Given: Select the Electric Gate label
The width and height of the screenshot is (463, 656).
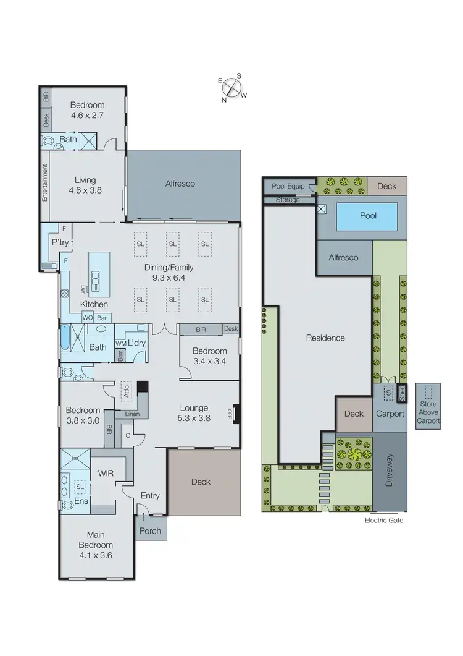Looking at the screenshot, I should coord(384,520).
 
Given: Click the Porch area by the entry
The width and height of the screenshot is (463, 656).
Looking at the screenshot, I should coord(151,530).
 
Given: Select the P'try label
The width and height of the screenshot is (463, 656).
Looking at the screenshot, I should coord(60,242).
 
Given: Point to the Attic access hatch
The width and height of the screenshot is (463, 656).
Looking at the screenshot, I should coord(127,391).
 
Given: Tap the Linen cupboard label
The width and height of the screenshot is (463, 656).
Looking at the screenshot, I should coord(132,414).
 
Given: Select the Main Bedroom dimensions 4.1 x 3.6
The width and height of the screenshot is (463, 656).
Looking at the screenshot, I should coord(96,555).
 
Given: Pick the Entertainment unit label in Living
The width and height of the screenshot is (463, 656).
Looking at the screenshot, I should coord(44,182).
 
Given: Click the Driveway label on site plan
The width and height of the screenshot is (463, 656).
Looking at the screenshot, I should coord(390,472).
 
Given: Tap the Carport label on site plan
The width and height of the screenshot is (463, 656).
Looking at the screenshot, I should coord(390,414).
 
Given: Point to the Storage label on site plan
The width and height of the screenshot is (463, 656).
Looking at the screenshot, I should coord(288,200).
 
